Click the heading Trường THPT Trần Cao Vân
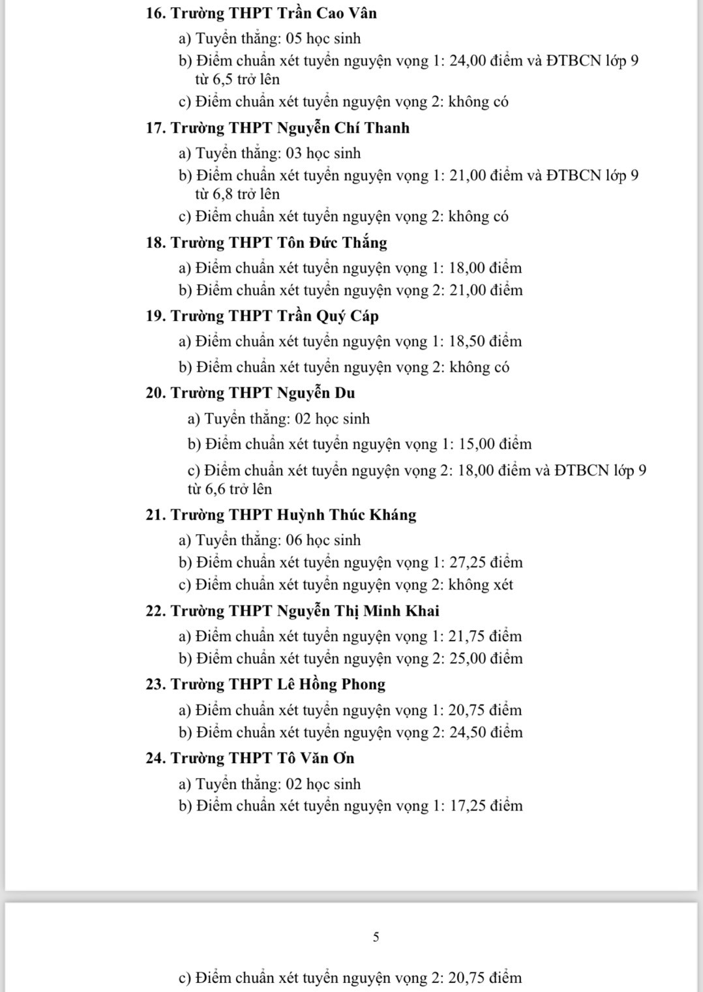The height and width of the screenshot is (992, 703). pos(262,13)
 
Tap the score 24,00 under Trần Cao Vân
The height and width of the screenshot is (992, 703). pos(469,61)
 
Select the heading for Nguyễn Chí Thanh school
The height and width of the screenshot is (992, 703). pos(278,128)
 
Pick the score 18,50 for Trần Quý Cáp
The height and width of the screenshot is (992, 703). pos(468,342)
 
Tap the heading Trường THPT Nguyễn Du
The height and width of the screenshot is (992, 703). pos(251,393)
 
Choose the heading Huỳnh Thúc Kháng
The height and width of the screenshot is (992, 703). pos(347,515)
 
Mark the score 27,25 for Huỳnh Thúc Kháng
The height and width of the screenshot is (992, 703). pos(468,562)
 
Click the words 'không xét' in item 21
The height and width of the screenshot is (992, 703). pos(481,584)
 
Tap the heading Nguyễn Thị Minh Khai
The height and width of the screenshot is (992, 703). pos(358,610)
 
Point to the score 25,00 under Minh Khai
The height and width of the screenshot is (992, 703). pos(468,658)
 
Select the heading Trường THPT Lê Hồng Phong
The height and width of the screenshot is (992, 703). pos(266,684)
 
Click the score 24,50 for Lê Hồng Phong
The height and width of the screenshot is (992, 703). pos(468,732)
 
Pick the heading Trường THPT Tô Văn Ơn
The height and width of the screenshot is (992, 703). pos(251,758)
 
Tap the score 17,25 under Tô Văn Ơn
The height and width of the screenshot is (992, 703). pos(468,806)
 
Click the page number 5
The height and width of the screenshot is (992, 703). pos(376,937)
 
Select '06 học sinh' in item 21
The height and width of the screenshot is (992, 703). pos(323,540)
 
